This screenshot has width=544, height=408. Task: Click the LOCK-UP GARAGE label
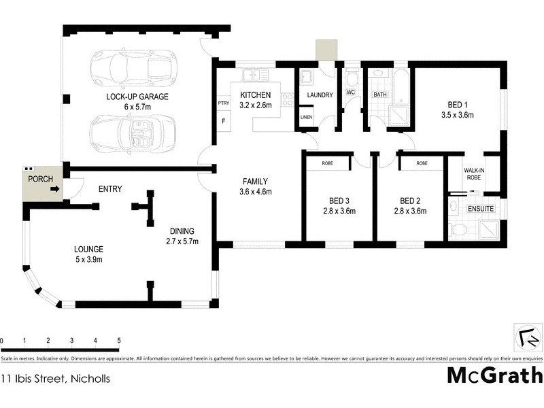pos(137,97)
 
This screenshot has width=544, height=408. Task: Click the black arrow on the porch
pos(54,190)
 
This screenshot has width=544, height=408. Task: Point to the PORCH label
pos(39,179)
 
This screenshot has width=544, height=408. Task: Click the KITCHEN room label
pos(255,95)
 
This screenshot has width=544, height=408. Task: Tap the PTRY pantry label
pos(223,103)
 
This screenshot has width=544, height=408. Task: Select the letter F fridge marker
pos(223,121)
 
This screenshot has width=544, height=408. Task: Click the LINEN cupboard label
pos(306,118)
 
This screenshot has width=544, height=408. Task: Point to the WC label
pos(352,91)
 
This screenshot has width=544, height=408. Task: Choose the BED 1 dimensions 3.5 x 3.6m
pos(457,115)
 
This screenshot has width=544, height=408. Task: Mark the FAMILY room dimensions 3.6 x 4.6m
pos(255,192)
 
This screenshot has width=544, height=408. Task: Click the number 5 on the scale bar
pos(118,340)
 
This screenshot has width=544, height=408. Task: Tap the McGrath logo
pos(494,375)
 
